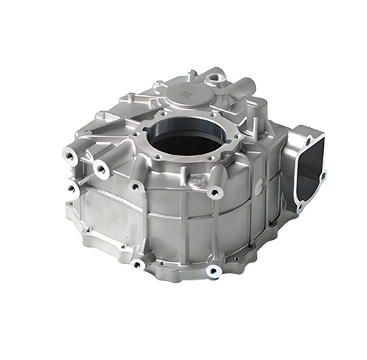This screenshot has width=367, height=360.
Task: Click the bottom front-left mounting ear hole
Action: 138,264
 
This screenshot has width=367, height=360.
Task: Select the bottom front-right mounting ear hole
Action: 212,271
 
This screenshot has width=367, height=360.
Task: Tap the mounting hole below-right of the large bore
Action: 216,192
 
